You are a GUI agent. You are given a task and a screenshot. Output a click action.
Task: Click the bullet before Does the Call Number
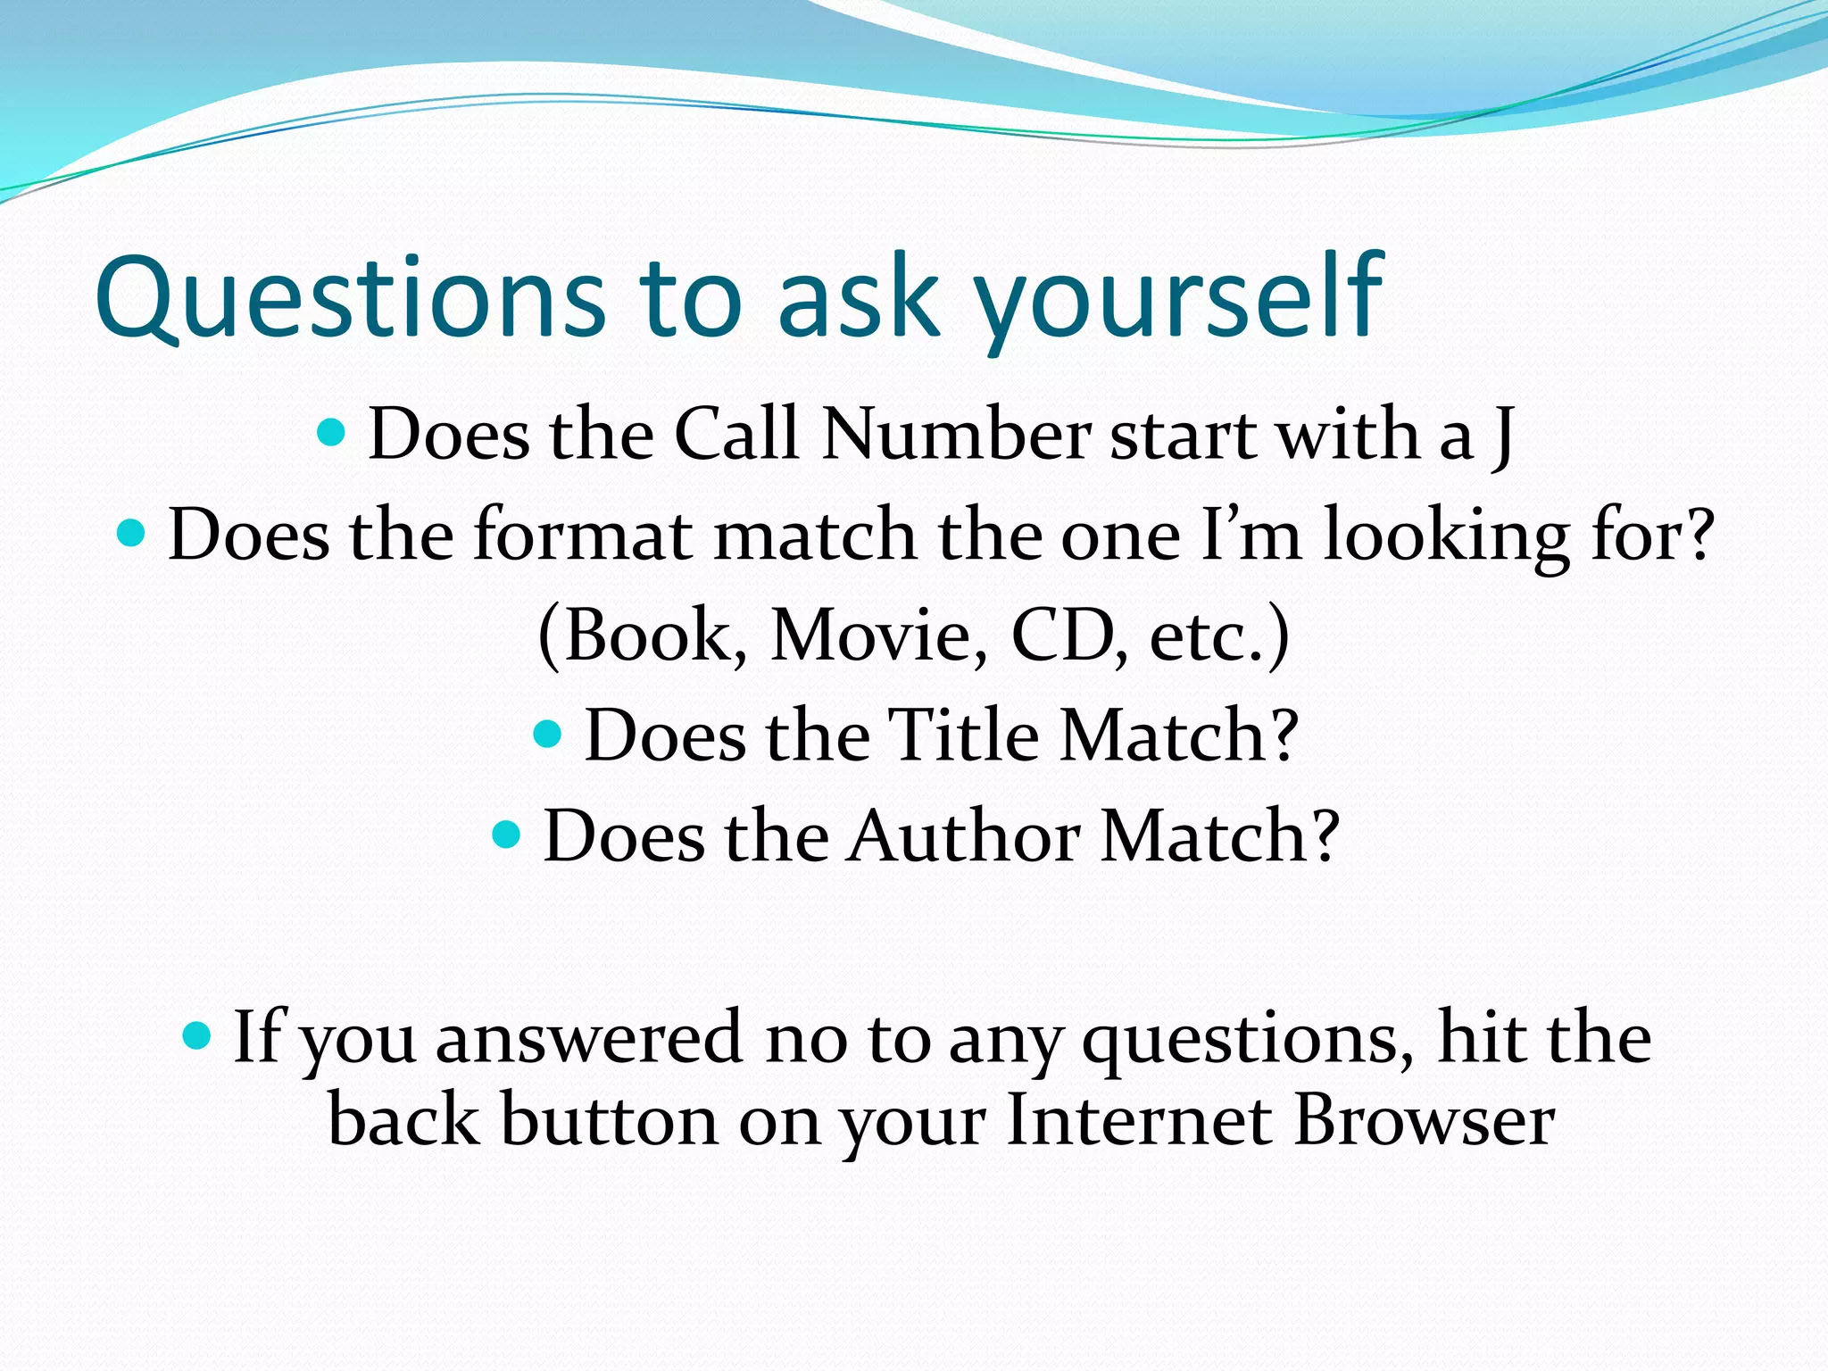click(331, 434)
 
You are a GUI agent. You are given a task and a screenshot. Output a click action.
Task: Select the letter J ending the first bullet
click(1502, 436)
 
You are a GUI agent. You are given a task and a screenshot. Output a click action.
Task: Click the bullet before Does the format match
click(131, 535)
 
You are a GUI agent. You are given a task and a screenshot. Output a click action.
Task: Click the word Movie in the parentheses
click(878, 636)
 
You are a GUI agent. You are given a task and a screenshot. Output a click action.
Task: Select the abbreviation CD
click(1062, 636)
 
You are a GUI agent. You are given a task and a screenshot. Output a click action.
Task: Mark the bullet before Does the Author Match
click(506, 835)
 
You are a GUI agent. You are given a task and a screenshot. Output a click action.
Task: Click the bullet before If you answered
click(196, 1036)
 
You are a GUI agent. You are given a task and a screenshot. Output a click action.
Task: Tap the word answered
click(589, 1038)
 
